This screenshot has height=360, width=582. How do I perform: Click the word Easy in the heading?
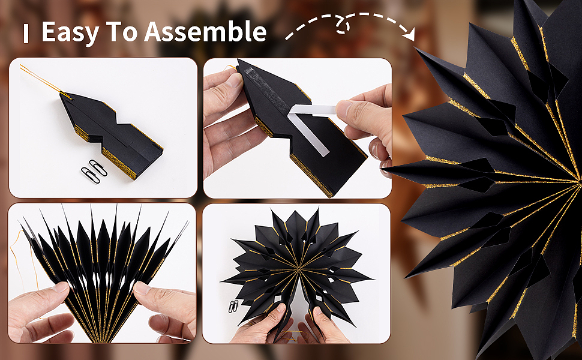point(70,32)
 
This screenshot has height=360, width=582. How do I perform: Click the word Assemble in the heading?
point(205,31)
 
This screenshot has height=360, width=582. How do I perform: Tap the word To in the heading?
point(121,32)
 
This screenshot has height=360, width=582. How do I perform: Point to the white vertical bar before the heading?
point(26,34)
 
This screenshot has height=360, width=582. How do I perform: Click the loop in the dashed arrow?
point(343,26)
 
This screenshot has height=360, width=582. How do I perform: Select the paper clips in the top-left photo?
point(94,171)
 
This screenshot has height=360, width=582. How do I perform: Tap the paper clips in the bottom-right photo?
point(233,306)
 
